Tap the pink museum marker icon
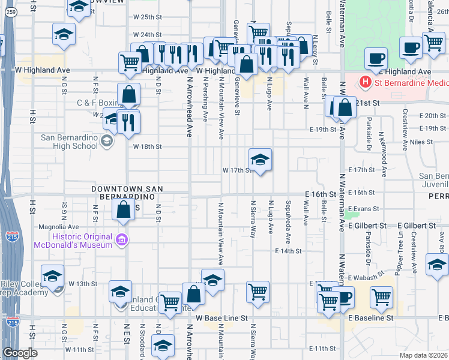[123, 240]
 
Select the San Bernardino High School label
[69, 142]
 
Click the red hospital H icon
[363, 82]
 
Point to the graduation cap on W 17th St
[261, 160]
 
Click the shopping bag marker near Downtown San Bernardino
[123, 209]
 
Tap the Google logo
[20, 353]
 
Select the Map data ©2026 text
[424, 355]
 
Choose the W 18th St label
[148, 146]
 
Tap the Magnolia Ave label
[59, 227]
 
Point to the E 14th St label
[288, 251]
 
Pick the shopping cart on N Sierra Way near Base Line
[258, 292]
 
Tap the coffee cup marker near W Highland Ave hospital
[376, 59]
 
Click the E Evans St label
[363, 209]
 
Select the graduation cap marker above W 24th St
[64, 34]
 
